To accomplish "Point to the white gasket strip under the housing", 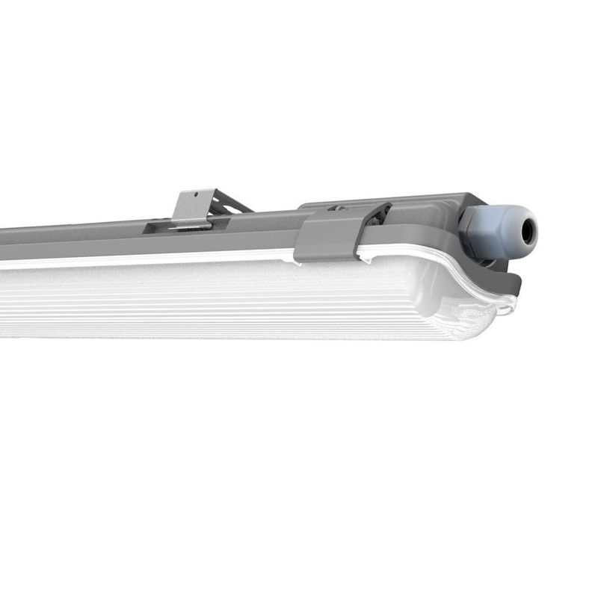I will click(x=149, y=259).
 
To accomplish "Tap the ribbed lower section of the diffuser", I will click(x=224, y=314).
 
